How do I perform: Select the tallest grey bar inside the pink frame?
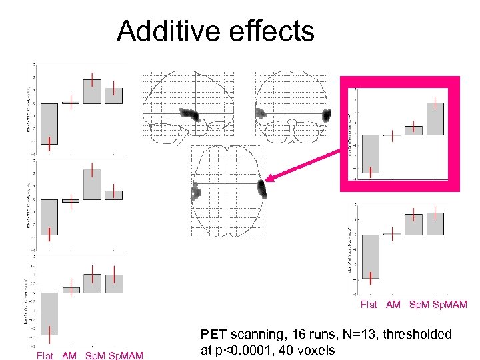tap(435, 119)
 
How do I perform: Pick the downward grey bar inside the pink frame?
tap(371, 153)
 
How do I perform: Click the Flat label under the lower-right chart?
tap(369, 305)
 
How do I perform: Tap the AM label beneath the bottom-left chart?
tap(69, 355)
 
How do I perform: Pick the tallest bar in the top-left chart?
tap(92, 91)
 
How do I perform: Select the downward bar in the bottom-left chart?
tap(49, 313)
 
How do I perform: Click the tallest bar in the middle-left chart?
tap(92, 184)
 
